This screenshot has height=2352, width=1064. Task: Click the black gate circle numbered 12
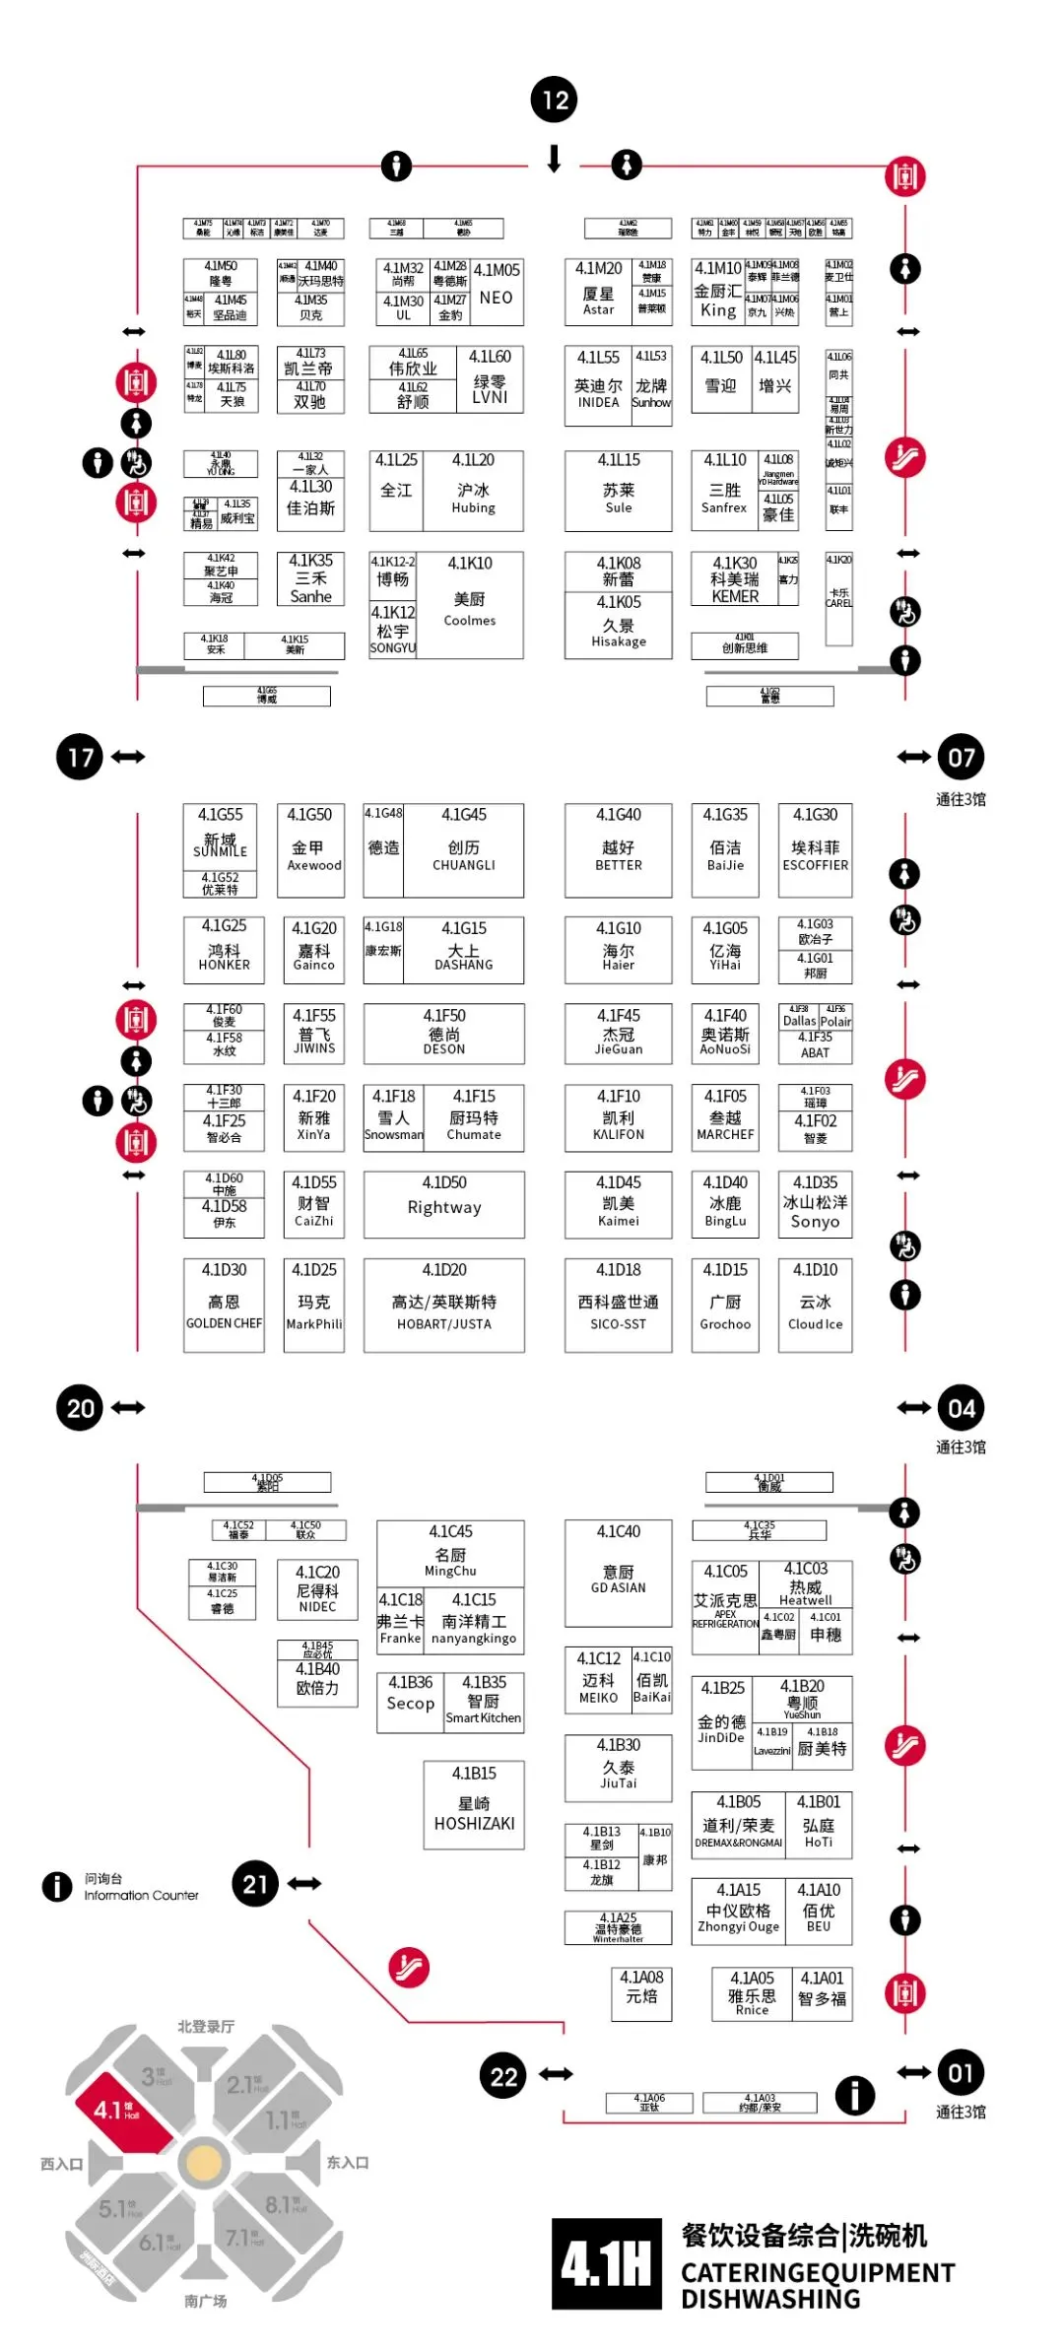(555, 100)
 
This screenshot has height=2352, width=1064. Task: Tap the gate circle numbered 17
(80, 757)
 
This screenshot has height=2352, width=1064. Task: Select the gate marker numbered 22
(503, 2077)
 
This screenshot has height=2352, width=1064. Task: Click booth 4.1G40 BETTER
(618, 849)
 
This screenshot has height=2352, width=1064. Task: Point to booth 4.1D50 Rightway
(444, 1203)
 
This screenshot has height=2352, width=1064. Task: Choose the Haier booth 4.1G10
(618, 950)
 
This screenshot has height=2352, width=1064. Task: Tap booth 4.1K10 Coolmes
(470, 604)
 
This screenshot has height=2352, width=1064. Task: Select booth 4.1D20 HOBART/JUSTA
(444, 1304)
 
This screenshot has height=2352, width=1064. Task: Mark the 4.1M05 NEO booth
(497, 291)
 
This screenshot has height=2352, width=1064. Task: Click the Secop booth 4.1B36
(410, 1702)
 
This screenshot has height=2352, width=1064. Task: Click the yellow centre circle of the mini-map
(204, 2162)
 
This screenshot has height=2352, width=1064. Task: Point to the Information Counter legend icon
(57, 1886)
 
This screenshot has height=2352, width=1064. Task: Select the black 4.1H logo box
(606, 2263)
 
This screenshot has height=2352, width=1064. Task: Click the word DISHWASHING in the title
(770, 2299)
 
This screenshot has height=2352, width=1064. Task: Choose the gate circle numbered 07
(961, 757)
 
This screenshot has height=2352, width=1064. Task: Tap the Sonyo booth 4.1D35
(815, 1203)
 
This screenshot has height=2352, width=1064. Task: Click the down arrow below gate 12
(555, 158)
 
